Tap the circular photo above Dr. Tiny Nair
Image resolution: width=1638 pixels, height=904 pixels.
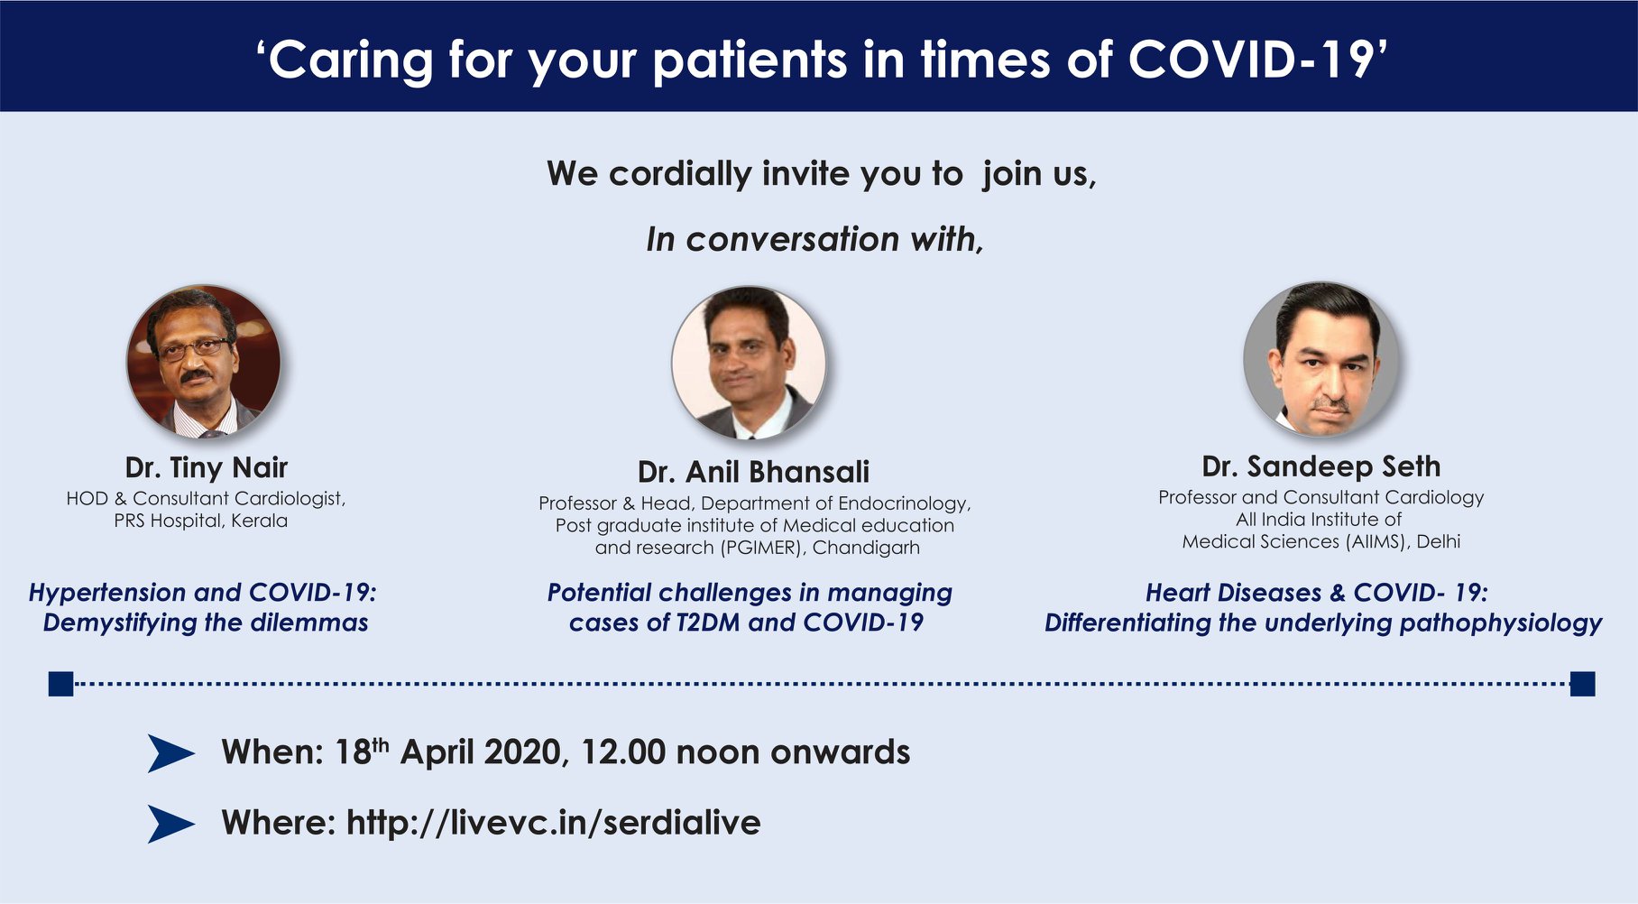[204, 362]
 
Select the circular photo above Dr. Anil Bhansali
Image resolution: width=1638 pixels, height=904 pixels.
[749, 364]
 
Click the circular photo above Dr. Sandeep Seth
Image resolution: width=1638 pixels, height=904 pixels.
[1321, 359]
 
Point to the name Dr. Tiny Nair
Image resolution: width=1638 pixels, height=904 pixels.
[207, 467]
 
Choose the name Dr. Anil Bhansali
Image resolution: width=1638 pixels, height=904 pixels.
[754, 472]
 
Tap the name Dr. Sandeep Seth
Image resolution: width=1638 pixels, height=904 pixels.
[1321, 466]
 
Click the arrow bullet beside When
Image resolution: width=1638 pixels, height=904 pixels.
[170, 753]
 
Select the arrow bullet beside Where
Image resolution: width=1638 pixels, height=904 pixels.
[170, 824]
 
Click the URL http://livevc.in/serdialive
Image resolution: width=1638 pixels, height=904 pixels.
[554, 823]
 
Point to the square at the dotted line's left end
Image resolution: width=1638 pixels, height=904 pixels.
[60, 684]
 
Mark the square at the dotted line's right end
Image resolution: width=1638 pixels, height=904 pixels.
[1582, 684]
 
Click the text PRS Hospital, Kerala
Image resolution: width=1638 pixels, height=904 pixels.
[201, 521]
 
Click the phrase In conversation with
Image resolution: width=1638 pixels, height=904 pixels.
[814, 239]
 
